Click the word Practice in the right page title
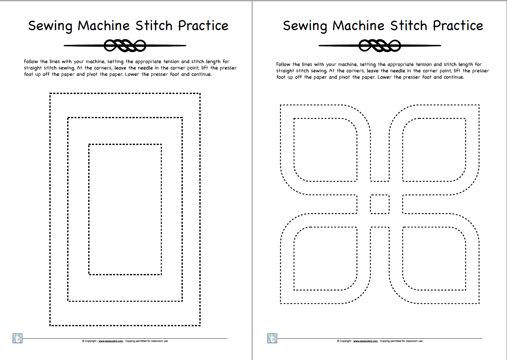458,26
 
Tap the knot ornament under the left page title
125,46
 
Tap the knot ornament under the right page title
380,46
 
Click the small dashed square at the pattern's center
380,204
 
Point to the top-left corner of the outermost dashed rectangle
50,94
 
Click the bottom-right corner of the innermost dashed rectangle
161,274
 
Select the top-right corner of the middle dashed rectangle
182,118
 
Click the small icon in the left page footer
18,338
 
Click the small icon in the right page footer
272,338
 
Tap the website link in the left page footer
111,341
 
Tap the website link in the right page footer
365,341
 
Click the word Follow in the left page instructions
31,61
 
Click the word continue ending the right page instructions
453,77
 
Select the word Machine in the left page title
104,26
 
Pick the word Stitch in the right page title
408,26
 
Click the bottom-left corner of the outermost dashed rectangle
50,325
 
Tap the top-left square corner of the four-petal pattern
281,105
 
